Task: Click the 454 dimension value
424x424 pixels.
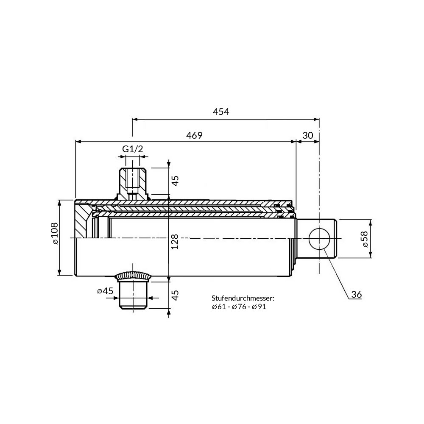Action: point(221,112)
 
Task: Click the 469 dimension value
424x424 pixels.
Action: point(194,135)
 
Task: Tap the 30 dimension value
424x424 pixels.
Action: point(308,135)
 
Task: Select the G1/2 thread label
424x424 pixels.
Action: point(132,149)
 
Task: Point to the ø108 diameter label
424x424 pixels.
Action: point(55,233)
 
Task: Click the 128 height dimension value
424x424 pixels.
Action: point(175,242)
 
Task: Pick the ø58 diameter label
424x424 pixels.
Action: point(365,239)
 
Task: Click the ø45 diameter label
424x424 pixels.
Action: point(105,291)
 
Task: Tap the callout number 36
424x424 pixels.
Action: point(357,295)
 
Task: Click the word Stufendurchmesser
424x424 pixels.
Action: point(243,298)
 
